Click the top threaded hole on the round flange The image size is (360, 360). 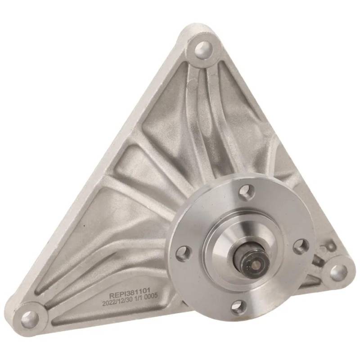[x=247, y=190]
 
